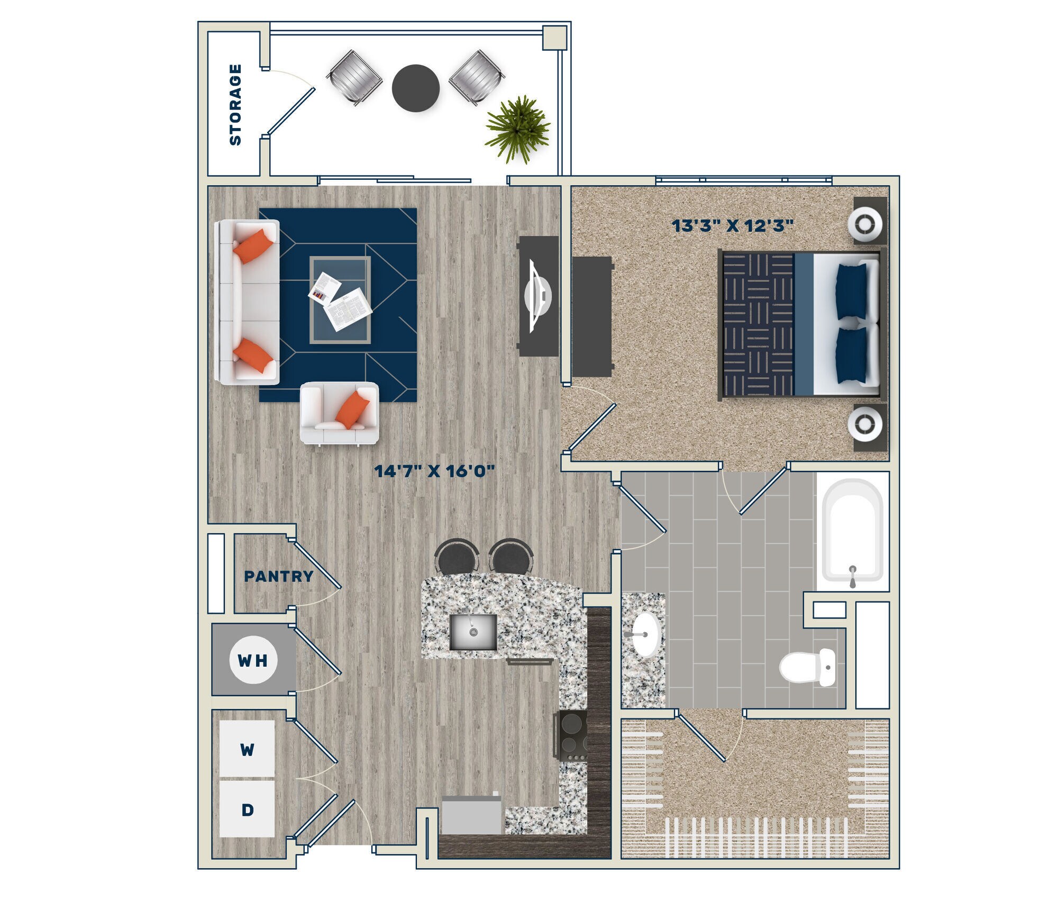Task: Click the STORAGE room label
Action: point(235,104)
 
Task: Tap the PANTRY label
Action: point(278,576)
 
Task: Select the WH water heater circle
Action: point(253,660)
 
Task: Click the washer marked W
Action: point(247,749)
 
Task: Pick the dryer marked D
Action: point(247,809)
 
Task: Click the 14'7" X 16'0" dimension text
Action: point(434,470)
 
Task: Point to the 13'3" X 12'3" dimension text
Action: point(732,226)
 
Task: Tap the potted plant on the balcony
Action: point(517,129)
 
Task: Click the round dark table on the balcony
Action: point(415,88)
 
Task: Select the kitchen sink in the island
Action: point(473,632)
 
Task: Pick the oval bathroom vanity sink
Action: point(645,634)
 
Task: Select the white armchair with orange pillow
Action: point(339,412)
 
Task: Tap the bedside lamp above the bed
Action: point(865,224)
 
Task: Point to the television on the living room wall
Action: point(537,296)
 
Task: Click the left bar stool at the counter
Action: point(457,557)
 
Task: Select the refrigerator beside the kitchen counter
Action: point(471,815)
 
